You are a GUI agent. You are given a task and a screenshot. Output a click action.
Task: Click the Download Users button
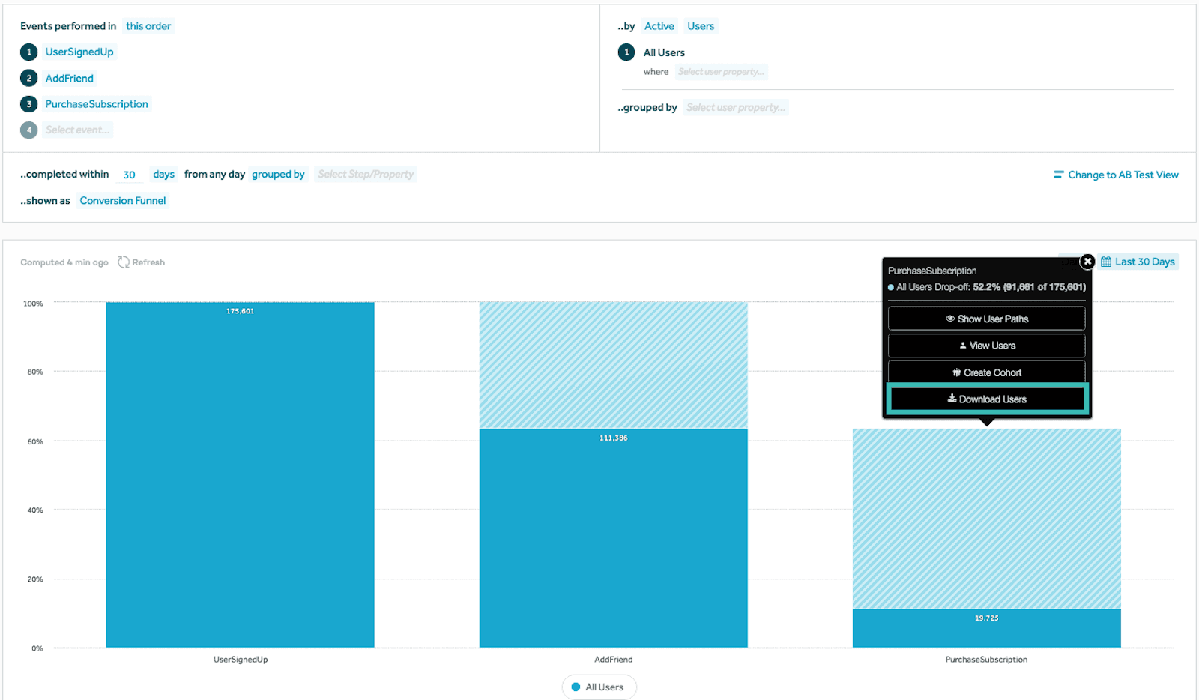click(986, 399)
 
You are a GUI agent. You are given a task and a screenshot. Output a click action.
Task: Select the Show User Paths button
click(986, 319)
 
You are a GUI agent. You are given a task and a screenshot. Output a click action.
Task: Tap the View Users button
click(986, 346)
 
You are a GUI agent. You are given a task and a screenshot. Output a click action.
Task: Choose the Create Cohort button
click(986, 372)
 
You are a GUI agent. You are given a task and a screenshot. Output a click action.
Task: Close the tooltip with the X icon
click(1087, 262)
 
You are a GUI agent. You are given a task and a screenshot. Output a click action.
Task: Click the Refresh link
click(142, 262)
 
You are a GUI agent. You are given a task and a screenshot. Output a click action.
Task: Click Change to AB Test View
click(1116, 175)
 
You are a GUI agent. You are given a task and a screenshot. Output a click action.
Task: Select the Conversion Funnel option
click(123, 201)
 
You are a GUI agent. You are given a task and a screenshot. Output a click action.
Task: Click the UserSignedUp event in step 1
click(79, 52)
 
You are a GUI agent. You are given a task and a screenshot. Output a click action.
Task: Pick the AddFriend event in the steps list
click(70, 78)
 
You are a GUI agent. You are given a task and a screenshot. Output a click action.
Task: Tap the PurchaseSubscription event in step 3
click(97, 104)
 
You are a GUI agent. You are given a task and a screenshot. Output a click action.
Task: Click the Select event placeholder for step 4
click(77, 130)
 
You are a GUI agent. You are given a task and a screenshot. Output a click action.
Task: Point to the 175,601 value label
click(241, 311)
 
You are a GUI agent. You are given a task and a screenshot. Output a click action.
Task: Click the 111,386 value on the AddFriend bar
click(614, 438)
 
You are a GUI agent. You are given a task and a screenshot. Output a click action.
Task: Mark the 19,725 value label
click(986, 618)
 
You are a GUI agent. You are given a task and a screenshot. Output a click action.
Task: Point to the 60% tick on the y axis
click(35, 441)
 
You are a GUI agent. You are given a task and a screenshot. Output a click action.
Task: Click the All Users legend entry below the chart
click(599, 687)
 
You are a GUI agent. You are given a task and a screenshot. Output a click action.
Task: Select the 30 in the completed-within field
click(129, 175)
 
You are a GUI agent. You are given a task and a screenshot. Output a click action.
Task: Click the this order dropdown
click(148, 26)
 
